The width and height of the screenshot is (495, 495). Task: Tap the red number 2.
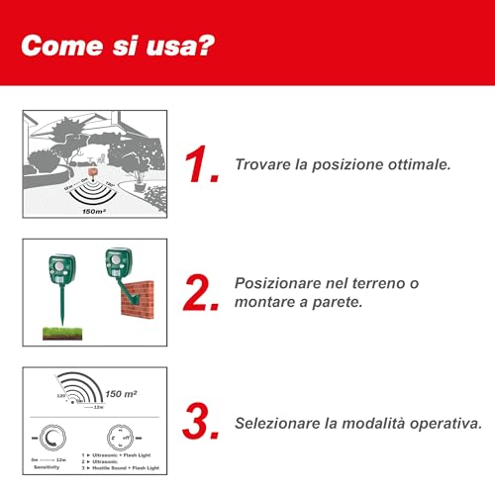pyautogui.click(x=204, y=294)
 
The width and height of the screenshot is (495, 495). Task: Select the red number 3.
pyautogui.click(x=203, y=420)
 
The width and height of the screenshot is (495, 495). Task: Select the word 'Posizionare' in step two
pyautogui.click(x=282, y=282)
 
